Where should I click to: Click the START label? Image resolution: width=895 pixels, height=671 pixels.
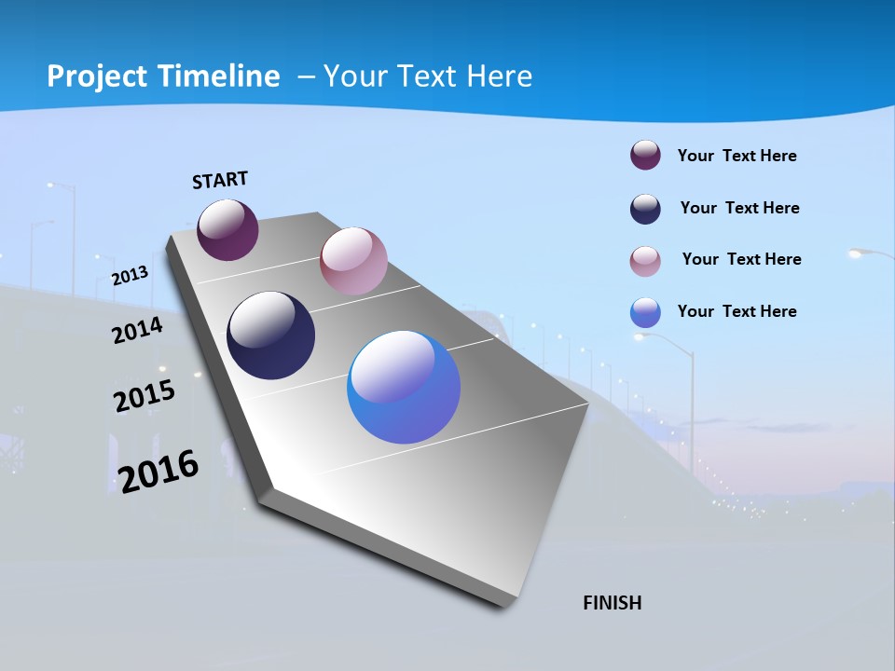220,180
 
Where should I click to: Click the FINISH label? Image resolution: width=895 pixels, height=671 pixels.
613,603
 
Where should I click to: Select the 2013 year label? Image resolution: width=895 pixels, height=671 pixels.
130,275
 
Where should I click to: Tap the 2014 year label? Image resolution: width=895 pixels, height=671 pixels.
137,330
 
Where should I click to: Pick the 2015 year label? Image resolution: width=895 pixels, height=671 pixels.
144,395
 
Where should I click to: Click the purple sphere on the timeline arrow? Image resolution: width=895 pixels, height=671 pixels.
227,230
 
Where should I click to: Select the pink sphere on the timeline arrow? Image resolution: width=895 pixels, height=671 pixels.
353,261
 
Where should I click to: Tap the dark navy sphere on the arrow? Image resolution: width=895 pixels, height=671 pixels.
271,335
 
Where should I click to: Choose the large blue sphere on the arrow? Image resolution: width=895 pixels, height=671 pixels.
404,387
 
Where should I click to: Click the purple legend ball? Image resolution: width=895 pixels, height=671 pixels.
645,156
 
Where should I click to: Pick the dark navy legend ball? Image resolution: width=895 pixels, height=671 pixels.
645,209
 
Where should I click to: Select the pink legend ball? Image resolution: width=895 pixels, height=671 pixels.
645,261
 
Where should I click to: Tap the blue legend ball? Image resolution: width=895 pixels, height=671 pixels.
645,312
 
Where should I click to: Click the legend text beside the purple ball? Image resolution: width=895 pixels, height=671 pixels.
737,156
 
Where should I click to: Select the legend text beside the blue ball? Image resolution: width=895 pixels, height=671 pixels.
737,311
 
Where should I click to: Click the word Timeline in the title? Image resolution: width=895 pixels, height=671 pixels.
220,76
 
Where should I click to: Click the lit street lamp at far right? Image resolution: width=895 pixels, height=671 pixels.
862,253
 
